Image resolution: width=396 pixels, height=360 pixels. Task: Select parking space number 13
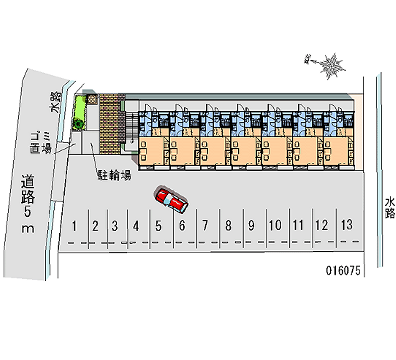[347, 225]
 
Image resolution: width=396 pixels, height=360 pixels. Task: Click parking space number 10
[275, 226]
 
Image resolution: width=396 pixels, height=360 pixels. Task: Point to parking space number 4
[136, 227]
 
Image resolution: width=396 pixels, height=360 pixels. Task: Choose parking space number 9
[251, 226]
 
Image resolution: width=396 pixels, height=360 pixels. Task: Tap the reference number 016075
[345, 270]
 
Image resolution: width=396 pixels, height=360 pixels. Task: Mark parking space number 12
[322, 226]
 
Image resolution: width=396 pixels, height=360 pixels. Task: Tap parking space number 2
[96, 227]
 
